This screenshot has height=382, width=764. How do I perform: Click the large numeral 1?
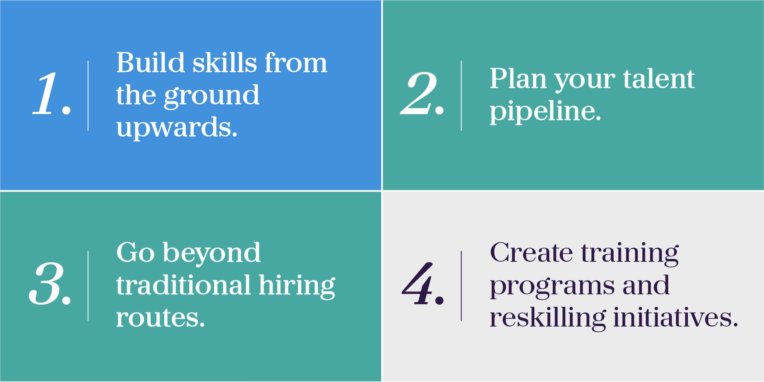(46, 94)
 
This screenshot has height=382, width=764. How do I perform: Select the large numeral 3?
(46, 284)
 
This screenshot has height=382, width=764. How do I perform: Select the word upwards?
(177, 128)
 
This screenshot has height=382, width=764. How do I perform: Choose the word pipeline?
(545, 111)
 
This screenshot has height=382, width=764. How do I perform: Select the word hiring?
(297, 287)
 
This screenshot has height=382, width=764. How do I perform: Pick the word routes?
(160, 318)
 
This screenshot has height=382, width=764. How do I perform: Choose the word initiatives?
(676, 317)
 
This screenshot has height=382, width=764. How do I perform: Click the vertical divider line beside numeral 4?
(461, 286)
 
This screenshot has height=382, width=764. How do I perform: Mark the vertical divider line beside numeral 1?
(88, 96)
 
